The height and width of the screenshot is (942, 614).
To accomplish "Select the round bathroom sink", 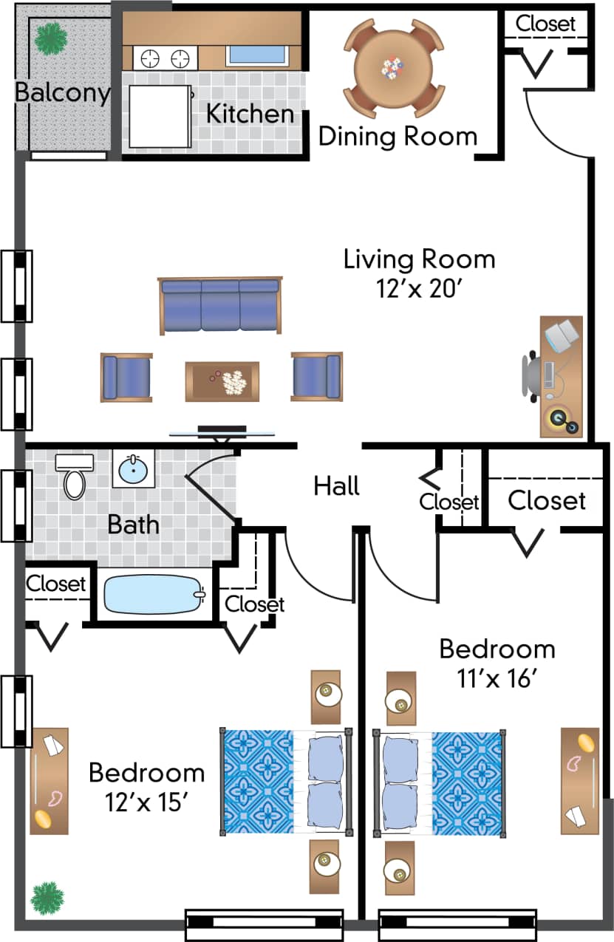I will pos(134,468).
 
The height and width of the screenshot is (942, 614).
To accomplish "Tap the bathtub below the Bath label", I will pos(154,594).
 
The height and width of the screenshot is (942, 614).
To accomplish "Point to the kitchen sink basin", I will pos(256,55).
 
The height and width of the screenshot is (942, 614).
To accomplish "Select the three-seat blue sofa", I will pos(220,304).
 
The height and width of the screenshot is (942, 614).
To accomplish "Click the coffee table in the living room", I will pos(222,380).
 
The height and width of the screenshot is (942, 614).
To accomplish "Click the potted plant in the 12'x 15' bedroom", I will pos(47,897).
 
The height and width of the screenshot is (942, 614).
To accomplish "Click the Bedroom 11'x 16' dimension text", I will pos(497,678).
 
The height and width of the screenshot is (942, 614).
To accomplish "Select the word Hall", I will pos(337,486).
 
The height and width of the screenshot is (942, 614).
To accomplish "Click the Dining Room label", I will pos(398,137).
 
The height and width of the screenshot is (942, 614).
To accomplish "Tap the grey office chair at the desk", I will pos(532,379).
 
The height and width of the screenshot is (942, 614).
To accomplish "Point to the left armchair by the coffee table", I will pos(126,377).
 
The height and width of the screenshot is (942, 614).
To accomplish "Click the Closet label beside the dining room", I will pos(545,23).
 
